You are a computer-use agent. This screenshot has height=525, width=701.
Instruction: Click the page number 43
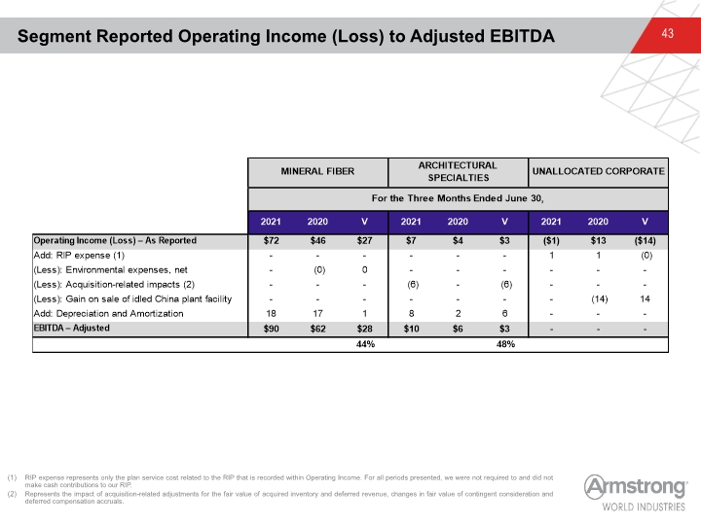point(667,33)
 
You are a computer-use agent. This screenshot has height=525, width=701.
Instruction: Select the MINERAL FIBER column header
point(317,171)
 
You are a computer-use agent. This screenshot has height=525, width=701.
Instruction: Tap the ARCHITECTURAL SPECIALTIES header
point(458,171)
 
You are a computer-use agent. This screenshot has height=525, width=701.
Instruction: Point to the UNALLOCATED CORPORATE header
point(598,171)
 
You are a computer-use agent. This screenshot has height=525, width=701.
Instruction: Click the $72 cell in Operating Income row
point(271,241)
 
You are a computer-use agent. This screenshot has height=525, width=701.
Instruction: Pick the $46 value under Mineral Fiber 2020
point(317,241)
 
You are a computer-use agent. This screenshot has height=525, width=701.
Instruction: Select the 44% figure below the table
point(365,344)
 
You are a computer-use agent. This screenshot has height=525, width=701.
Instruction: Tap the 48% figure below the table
point(505,344)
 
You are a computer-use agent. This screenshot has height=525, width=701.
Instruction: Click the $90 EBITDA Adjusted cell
point(271,329)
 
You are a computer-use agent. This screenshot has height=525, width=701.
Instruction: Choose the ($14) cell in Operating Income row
point(645,241)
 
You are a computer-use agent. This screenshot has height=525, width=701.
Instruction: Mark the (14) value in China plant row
point(599,299)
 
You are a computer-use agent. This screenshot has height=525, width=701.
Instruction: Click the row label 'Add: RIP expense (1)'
point(79,256)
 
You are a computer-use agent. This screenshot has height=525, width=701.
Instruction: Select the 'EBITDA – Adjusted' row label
point(71,329)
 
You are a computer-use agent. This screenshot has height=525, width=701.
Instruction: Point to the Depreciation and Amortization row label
point(109,314)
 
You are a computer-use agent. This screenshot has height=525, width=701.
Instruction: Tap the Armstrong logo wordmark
point(635,487)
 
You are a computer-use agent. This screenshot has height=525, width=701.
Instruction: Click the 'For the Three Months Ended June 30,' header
point(458,198)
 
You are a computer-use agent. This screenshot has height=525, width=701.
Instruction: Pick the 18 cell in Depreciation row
point(271,314)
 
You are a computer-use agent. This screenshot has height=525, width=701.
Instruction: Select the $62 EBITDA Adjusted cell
point(317,329)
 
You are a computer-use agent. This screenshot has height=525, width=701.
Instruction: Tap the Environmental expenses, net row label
point(110,270)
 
